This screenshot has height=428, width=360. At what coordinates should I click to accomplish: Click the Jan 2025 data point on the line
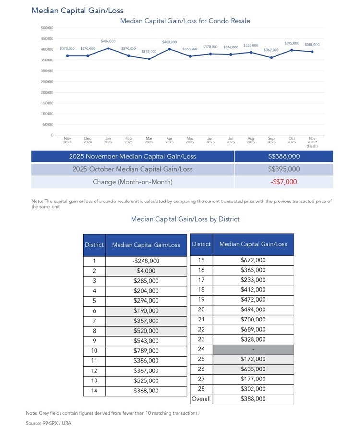click(x=108, y=48)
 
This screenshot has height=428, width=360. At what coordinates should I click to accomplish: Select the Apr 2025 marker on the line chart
click(x=169, y=49)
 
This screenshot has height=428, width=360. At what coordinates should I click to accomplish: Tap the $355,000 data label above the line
click(x=149, y=52)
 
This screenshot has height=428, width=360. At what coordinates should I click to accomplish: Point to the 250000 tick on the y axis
click(x=47, y=82)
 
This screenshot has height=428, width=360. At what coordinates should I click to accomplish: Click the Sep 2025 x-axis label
click(x=271, y=140)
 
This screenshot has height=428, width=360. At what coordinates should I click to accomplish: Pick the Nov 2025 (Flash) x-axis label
click(x=312, y=142)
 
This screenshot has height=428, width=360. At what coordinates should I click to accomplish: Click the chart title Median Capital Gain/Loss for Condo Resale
click(x=185, y=21)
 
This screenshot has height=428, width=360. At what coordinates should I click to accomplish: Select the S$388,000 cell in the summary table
click(x=284, y=156)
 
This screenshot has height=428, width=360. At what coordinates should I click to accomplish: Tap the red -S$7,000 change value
click(x=284, y=182)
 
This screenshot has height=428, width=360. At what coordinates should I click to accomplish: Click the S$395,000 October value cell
click(x=284, y=169)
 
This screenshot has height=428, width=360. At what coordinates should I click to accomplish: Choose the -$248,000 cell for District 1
click(x=146, y=261)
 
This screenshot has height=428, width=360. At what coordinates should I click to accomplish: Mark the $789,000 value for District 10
click(x=146, y=351)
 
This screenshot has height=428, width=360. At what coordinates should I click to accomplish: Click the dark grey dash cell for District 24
click(x=253, y=349)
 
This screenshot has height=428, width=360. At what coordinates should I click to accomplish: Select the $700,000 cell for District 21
click(x=253, y=320)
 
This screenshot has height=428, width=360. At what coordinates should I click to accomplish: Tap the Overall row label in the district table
click(x=201, y=399)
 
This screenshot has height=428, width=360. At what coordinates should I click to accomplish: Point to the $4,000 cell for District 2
click(x=146, y=271)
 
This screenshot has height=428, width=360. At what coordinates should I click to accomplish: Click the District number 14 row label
click(x=94, y=391)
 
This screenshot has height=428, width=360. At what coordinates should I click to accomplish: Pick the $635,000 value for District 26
click(x=253, y=369)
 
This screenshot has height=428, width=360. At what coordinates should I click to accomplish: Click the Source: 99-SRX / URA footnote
click(x=48, y=423)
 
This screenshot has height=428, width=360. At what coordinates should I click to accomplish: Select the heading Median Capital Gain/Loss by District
click(x=185, y=219)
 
